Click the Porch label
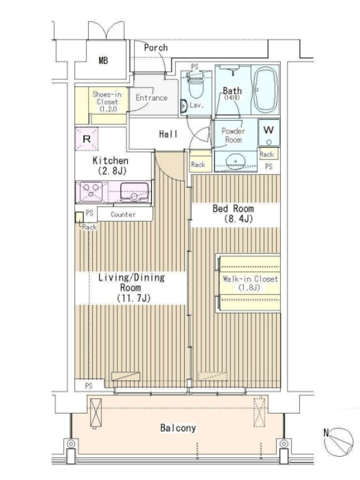tap(156, 48)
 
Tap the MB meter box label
tap(103, 61)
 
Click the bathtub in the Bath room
tap(265, 90)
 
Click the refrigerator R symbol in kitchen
tap(86, 139)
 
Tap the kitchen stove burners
tap(91, 191)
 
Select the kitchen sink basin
tap(134, 192)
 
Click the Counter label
tap(123, 214)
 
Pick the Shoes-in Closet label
tap(107, 101)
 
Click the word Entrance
tap(152, 98)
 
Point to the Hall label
tap(168, 134)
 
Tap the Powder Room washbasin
tap(235, 161)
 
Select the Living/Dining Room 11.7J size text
tap(134, 298)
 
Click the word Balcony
tap(178, 428)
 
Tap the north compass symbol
tap(338, 441)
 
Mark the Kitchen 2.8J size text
tap(112, 171)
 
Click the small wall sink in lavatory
tap(184, 106)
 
